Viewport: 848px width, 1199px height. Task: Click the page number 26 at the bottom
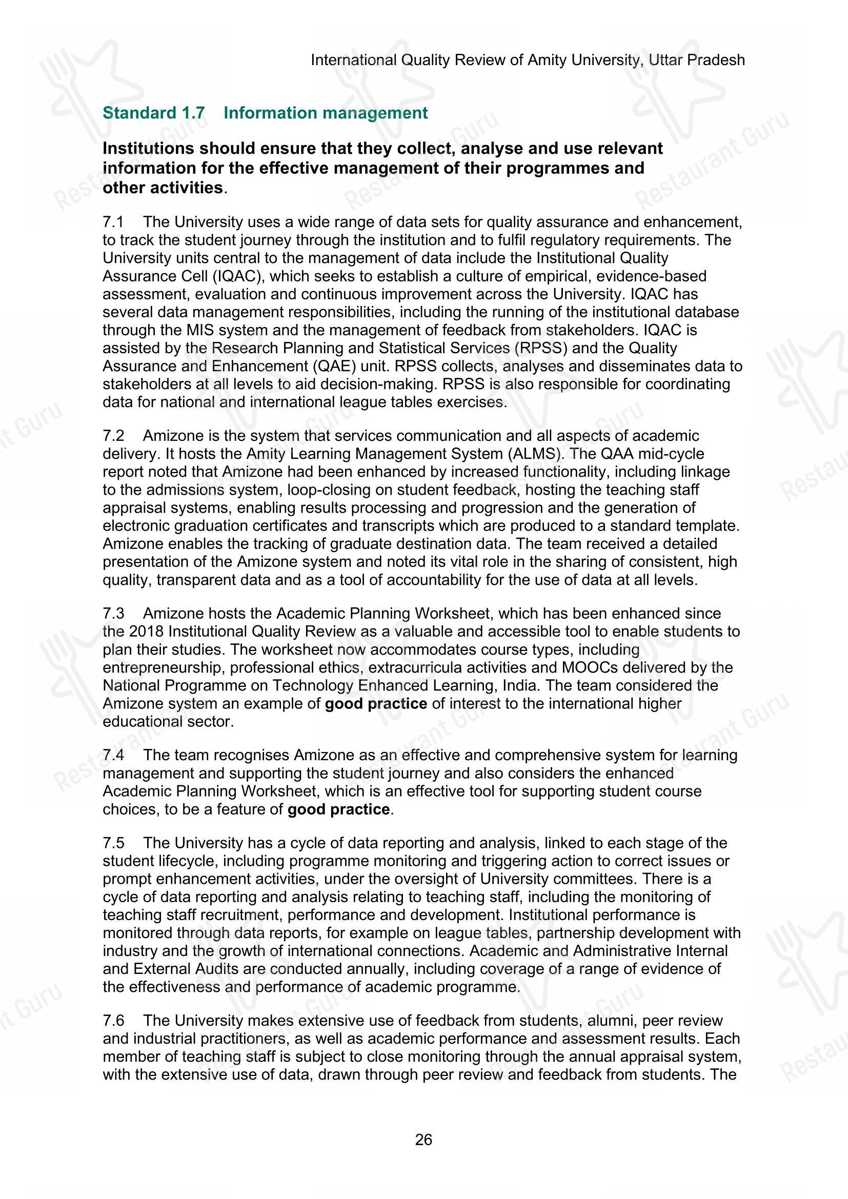(423, 1140)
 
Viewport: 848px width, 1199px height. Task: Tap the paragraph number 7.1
(113, 222)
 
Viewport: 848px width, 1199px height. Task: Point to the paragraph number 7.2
(113, 436)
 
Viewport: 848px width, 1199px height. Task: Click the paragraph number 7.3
(113, 613)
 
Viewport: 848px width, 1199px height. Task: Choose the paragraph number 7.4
(113, 755)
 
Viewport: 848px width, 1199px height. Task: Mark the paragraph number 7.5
(113, 843)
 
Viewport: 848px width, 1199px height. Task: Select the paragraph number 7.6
(113, 1021)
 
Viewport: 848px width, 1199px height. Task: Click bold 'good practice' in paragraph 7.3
(375, 703)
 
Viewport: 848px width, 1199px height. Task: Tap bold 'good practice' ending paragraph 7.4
(338, 809)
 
